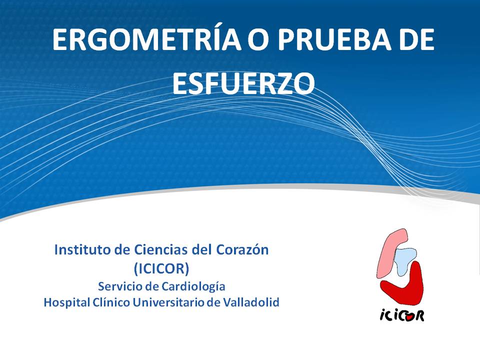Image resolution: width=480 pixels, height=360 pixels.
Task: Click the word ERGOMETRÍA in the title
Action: click(x=146, y=40)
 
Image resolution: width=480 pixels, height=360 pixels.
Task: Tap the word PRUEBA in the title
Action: click(x=334, y=40)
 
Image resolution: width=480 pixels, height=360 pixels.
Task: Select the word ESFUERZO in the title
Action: click(x=243, y=83)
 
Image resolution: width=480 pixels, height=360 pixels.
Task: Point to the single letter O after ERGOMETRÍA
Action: click(x=259, y=40)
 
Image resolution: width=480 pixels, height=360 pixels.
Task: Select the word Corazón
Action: click(x=242, y=250)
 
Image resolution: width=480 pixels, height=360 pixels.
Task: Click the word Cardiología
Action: click(x=193, y=287)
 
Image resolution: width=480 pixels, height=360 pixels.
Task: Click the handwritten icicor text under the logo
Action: click(x=402, y=314)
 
